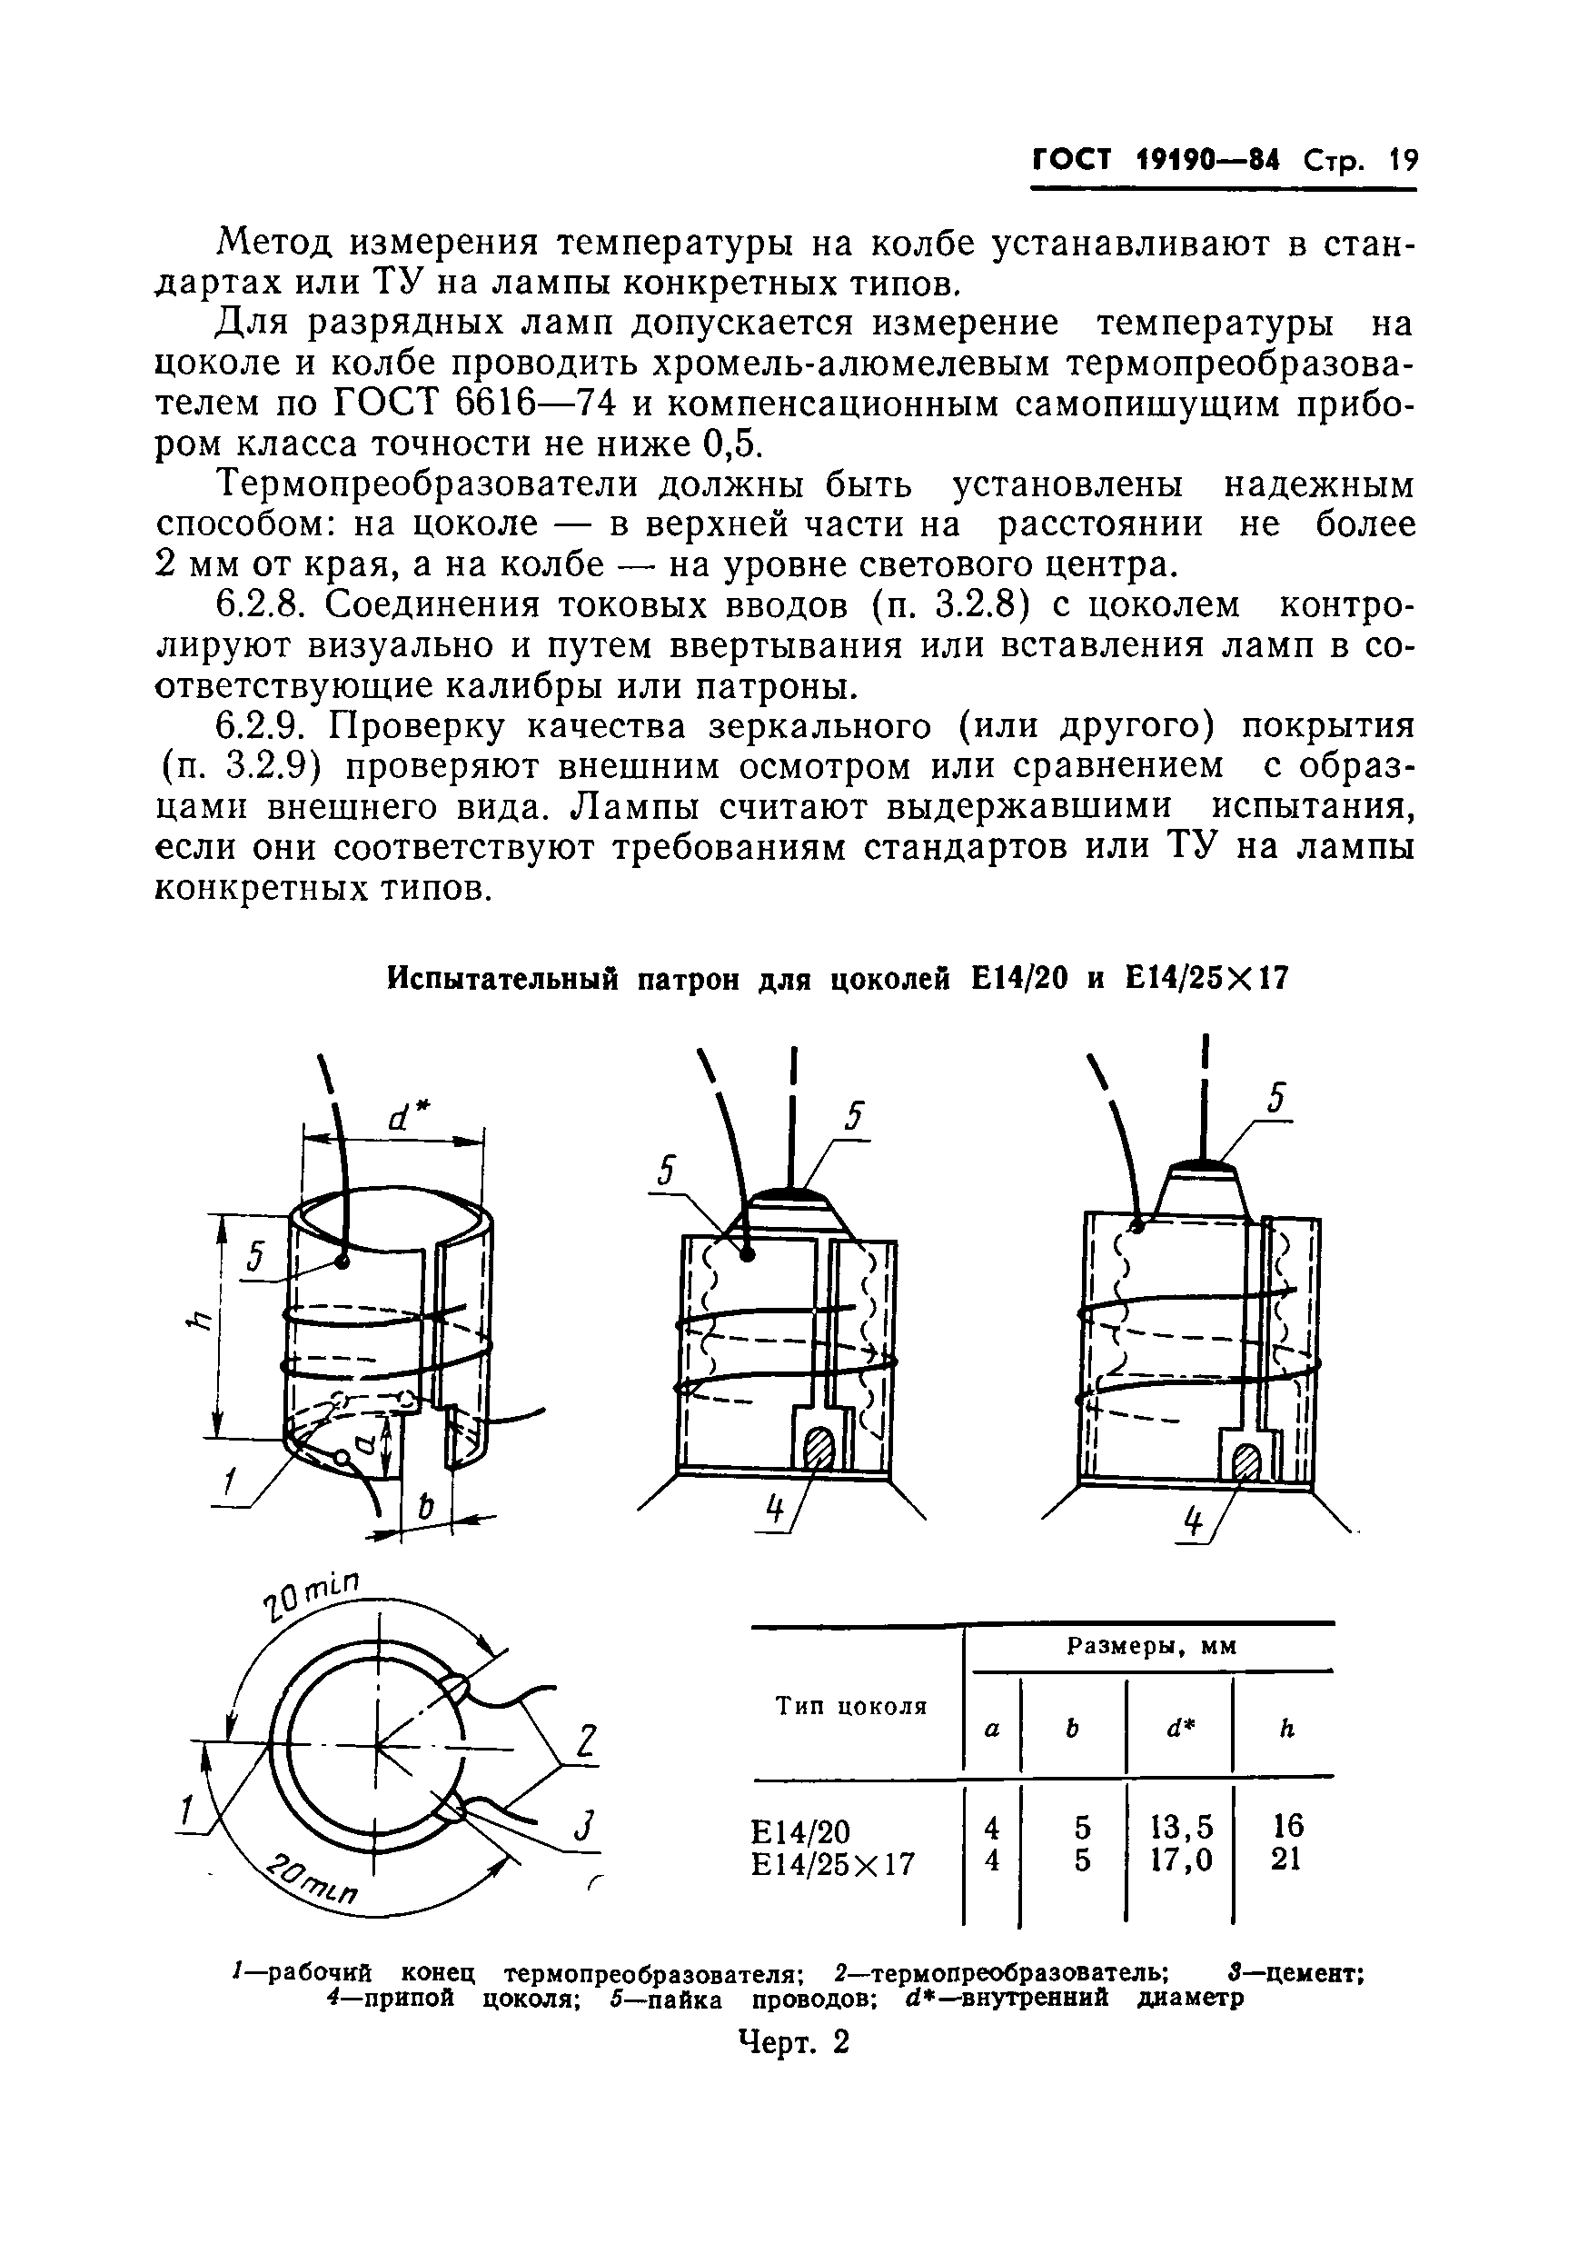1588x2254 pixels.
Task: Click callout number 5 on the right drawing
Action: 1275,1098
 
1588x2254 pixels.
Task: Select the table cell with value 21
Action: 1285,1859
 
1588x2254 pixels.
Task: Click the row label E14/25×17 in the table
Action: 832,1862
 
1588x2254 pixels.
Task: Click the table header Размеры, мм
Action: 1151,1646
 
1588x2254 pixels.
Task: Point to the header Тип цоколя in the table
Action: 852,1705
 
